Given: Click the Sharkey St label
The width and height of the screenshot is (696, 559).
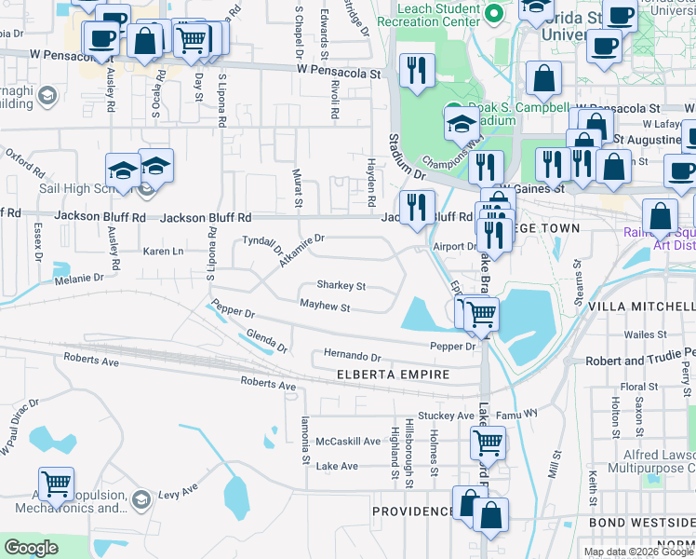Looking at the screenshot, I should [x=341, y=286].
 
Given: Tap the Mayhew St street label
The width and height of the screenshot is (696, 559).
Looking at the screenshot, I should [x=325, y=306].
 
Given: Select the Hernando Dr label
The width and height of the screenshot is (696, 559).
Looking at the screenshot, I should [x=353, y=356].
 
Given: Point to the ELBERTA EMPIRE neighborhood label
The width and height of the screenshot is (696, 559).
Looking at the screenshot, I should [x=393, y=375].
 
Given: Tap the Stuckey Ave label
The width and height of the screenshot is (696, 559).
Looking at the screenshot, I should [x=447, y=416].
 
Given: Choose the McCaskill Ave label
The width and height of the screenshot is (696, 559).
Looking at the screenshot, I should [x=349, y=441].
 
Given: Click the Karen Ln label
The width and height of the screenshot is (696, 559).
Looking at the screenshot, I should [x=164, y=252].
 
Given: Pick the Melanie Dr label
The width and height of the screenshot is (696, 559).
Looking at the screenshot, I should [x=78, y=278].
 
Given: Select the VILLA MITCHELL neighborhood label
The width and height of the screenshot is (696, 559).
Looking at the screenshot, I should [x=647, y=306].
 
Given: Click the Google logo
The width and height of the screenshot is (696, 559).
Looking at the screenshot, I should [x=32, y=547].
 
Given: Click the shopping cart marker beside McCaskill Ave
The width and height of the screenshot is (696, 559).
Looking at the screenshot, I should [x=488, y=444].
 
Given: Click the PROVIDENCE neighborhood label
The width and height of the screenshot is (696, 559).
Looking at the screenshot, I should [x=413, y=511].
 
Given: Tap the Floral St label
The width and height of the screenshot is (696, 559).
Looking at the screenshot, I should [x=639, y=387].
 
